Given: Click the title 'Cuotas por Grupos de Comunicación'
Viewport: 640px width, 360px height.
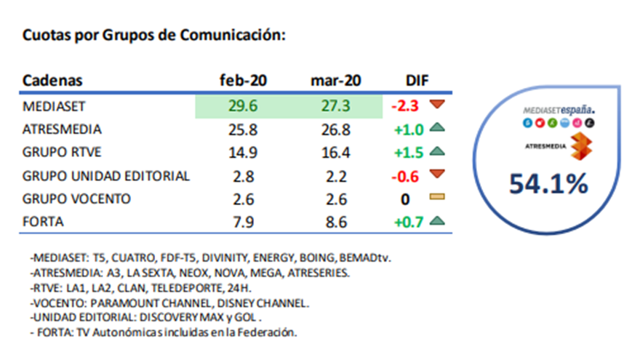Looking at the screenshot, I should (x=153, y=35).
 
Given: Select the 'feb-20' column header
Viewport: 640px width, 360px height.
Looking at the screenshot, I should (x=243, y=81).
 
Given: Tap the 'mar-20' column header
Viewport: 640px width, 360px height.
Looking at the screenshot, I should (x=335, y=81).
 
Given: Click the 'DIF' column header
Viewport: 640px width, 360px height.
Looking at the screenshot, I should (x=417, y=81).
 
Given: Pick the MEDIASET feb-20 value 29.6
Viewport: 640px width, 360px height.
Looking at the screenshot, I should (x=243, y=106).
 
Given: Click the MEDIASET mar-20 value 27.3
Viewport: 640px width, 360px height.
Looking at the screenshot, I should (x=335, y=106).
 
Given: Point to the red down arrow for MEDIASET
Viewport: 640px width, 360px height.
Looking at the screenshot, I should (x=436, y=105).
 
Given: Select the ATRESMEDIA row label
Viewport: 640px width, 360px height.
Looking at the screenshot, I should (x=63, y=129).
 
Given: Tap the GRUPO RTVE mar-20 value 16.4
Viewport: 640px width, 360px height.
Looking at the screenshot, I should (x=335, y=153).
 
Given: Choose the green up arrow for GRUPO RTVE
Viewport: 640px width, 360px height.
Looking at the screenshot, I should (x=436, y=152).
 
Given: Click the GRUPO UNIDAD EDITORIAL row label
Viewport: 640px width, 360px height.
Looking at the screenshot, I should (x=106, y=176).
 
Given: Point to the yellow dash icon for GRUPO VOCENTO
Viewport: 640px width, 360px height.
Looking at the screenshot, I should (x=436, y=199).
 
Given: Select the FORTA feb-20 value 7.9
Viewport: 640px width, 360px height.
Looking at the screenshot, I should (x=243, y=222).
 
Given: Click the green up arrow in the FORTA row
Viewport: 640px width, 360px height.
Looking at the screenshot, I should (x=436, y=221).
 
